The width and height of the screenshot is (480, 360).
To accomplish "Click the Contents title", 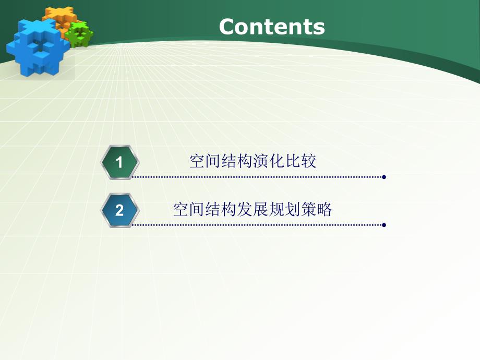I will click(271, 27).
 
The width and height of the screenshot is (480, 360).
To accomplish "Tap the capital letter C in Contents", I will click(227, 27).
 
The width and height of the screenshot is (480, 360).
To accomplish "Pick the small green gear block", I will click(80, 34).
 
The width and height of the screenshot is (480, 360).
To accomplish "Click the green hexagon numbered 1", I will click(119, 162).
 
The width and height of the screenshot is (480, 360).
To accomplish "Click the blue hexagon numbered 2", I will click(119, 210).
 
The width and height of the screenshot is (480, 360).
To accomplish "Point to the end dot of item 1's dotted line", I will click(384, 177).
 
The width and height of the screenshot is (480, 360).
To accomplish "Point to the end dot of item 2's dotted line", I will click(384, 225).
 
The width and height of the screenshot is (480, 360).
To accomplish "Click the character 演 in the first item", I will click(260, 162).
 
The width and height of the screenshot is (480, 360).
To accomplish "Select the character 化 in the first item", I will click(277, 162).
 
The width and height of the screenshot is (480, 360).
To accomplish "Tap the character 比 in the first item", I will click(293, 162).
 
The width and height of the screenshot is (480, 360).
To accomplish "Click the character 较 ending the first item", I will click(309, 162).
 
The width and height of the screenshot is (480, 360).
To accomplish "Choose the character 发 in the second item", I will click(244, 210).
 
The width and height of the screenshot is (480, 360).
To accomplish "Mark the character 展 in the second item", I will click(260, 210).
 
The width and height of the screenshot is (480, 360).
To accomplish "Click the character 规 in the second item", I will click(277, 210).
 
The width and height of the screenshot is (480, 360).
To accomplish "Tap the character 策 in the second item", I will click(308, 210).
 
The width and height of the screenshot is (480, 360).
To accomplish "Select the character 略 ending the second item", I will click(325, 210).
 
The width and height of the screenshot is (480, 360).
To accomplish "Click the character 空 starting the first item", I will click(197, 162).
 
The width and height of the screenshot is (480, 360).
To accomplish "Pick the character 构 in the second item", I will click(229, 210).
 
